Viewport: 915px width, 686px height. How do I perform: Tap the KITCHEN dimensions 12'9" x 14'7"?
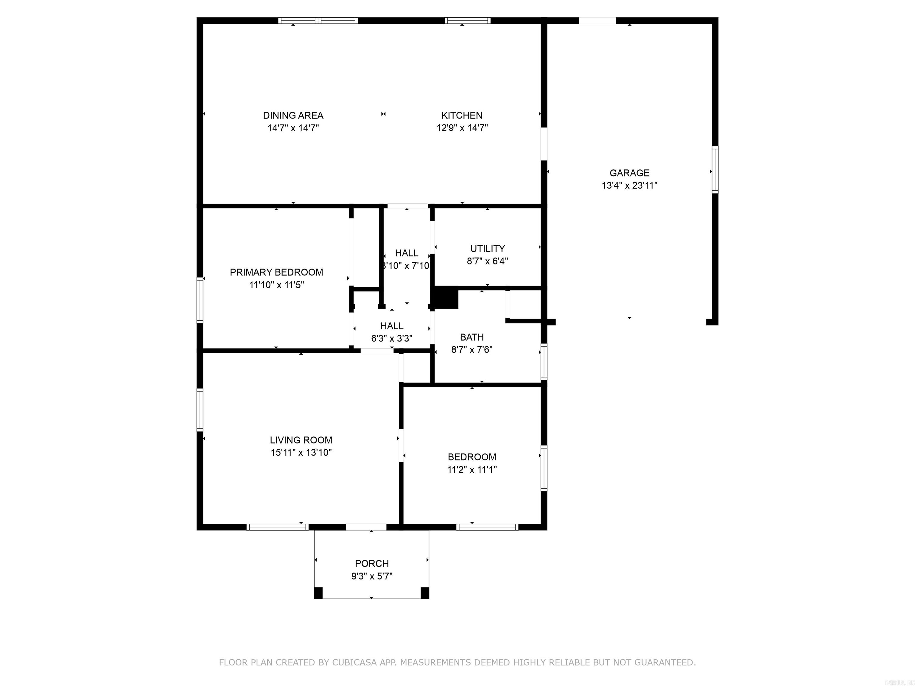pyautogui.click(x=462, y=128)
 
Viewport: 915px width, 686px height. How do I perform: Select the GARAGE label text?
pyautogui.click(x=629, y=173)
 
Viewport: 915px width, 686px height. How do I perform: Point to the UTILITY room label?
pyautogui.click(x=487, y=249)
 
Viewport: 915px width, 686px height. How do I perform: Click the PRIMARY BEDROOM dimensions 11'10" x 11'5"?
pyautogui.click(x=276, y=285)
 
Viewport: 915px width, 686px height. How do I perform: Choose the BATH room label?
pyautogui.click(x=471, y=337)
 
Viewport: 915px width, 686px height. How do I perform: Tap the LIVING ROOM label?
pyautogui.click(x=301, y=440)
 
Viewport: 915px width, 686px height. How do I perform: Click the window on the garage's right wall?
pyautogui.click(x=715, y=169)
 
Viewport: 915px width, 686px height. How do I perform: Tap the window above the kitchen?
pyautogui.click(x=467, y=20)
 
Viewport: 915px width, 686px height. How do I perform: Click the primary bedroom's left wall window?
pyautogui.click(x=200, y=300)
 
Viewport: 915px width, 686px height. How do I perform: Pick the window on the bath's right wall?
pyautogui.click(x=544, y=361)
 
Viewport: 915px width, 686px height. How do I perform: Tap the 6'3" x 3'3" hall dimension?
pyautogui.click(x=391, y=338)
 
